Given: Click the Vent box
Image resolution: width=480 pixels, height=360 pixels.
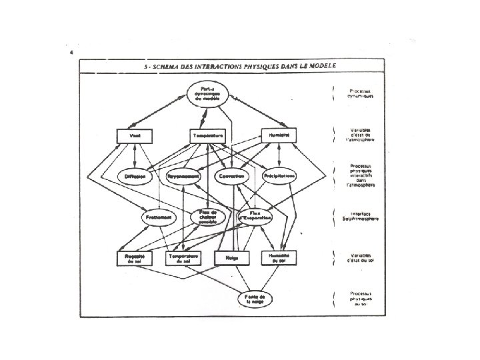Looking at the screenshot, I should (135, 135).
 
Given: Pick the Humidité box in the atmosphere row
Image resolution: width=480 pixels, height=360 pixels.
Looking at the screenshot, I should (279, 135).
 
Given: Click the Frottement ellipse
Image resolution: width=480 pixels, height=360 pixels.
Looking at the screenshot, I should (159, 217).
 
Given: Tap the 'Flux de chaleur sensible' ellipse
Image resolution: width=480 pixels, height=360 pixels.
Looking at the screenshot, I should (207, 217).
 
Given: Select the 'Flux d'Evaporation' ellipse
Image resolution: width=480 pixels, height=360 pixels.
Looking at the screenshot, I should (255, 217).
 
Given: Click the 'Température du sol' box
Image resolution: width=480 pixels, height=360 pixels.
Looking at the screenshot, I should (183, 257).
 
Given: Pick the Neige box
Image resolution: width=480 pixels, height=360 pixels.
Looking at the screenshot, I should (231, 257).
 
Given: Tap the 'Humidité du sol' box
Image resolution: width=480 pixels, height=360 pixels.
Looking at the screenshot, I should (279, 257).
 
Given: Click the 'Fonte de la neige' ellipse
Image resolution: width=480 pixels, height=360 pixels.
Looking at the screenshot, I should (255, 298).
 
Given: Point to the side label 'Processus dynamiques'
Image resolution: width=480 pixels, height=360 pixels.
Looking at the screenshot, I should (359, 93).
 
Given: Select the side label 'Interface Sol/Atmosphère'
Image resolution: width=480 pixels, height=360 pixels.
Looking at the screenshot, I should (359, 217).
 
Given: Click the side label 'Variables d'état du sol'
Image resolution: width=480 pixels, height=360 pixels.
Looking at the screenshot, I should (359, 257).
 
